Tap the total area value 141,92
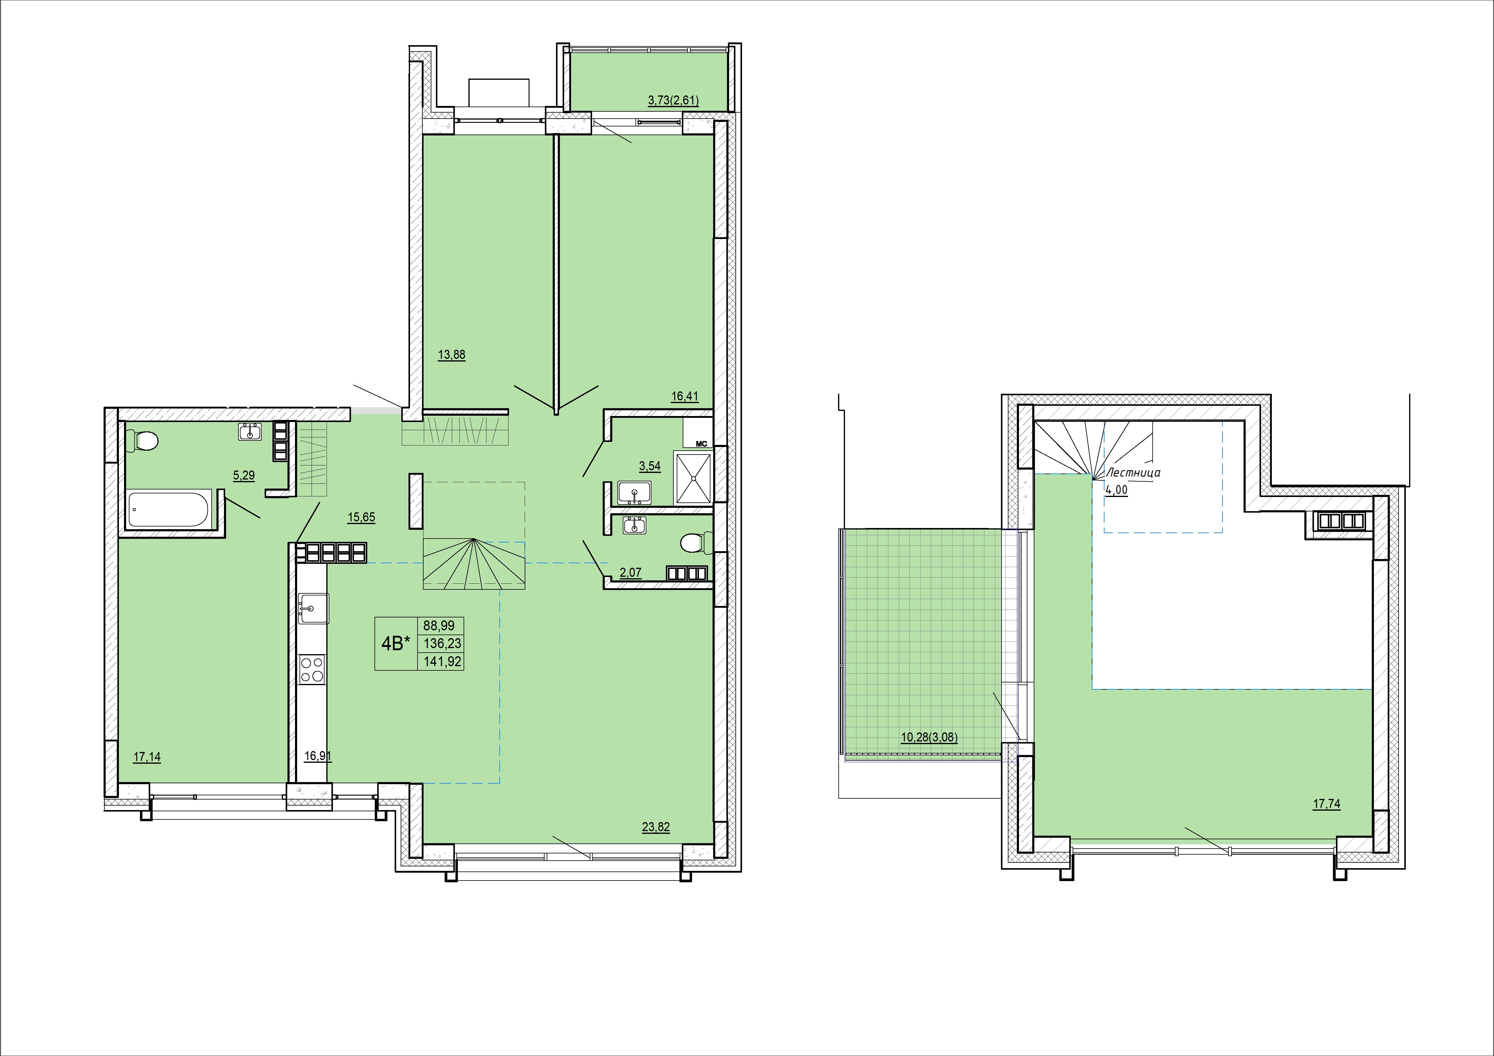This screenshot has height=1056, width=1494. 443,662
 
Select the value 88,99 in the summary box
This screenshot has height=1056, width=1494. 439,626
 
